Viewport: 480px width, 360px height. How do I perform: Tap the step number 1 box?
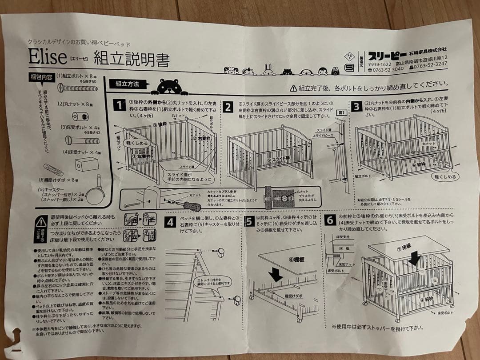pyautogui.click(x=119, y=105)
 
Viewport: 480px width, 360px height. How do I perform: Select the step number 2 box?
pyautogui.click(x=228, y=107)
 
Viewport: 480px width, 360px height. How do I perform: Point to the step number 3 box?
pyautogui.click(x=356, y=107)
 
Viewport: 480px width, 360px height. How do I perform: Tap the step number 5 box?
pyautogui.click(x=249, y=221)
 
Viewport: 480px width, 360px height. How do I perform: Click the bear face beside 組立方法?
pyautogui.click(x=167, y=87)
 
